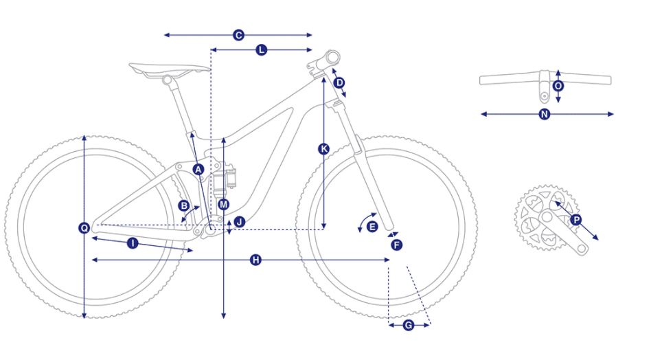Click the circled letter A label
pyautogui.click(x=198, y=170)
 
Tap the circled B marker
pyautogui.click(x=183, y=205)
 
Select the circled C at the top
pyautogui.click(x=238, y=35)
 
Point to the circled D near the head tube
pyautogui.click(x=340, y=82)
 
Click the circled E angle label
pyautogui.click(x=372, y=227)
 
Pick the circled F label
pyautogui.click(x=396, y=245)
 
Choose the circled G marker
pyautogui.click(x=409, y=325)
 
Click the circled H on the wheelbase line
pyautogui.click(x=255, y=260)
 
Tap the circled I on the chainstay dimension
pyautogui.click(x=133, y=243)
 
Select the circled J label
pyautogui.click(x=240, y=222)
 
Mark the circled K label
pyautogui.click(x=324, y=148)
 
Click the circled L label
pyautogui.click(x=261, y=50)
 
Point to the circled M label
pyautogui.click(x=224, y=204)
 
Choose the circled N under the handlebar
pyautogui.click(x=545, y=114)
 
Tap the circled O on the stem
pyautogui.click(x=558, y=86)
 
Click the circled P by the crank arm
pyautogui.click(x=576, y=220)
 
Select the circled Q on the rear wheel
pyautogui.click(x=84, y=227)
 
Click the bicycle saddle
pyautogui.click(x=170, y=70)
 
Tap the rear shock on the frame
pyautogui.click(x=224, y=179)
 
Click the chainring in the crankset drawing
pyautogui.click(x=545, y=218)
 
